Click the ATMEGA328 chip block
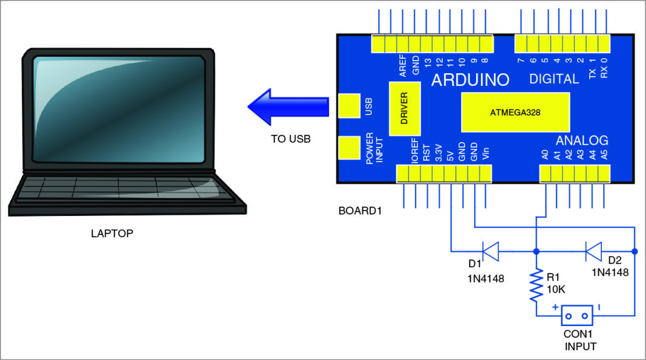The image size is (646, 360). coord(515,112)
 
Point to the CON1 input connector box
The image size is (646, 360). coord(577,315)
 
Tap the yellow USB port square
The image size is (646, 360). coord(349,106)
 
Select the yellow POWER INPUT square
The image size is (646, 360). coord(349,148)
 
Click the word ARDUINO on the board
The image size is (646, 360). coord(470,80)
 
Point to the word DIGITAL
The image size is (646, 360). coord(553,79)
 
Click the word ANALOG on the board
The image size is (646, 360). coord(581,140)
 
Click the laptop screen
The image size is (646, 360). coord(118,109)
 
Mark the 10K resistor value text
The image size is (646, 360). coord(555,289)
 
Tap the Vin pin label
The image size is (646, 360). coord(486,154)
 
